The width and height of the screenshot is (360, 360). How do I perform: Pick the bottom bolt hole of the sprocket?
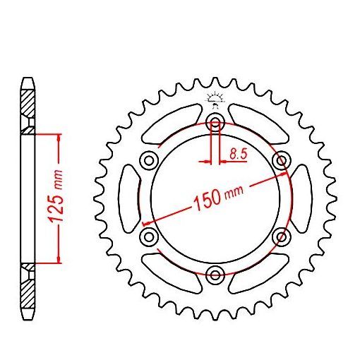click(x=215, y=273)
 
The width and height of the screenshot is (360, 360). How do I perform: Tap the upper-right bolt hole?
click(x=282, y=158)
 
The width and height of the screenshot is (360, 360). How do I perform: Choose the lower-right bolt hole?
click(x=282, y=235)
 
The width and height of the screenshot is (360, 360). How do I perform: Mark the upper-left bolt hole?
click(x=149, y=158)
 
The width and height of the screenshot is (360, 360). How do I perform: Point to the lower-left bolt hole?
click(x=149, y=235)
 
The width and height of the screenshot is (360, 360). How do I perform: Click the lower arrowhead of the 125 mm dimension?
click(x=58, y=258)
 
